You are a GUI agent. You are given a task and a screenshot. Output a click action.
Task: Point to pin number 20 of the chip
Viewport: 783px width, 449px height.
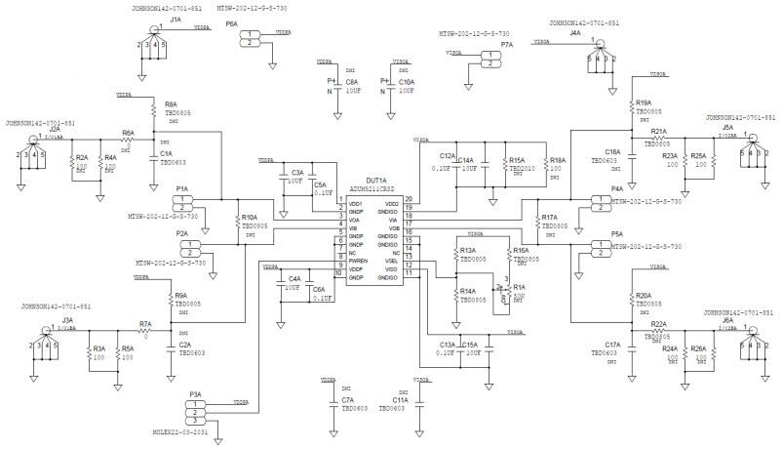(410, 198)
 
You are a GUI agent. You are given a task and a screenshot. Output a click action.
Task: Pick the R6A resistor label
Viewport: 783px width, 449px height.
(128, 133)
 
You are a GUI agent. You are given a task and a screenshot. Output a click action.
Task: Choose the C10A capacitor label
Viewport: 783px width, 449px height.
(407, 82)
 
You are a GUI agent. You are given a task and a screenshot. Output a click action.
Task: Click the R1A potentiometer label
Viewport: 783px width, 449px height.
(519, 286)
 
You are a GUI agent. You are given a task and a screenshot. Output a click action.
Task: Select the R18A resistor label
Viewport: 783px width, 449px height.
(557, 160)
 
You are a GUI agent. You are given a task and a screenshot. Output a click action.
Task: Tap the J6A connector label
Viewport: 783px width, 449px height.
(727, 320)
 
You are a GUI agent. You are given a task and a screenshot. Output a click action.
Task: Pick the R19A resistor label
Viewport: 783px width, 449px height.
(643, 102)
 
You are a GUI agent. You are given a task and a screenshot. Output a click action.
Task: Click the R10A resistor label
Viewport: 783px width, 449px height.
(250, 217)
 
